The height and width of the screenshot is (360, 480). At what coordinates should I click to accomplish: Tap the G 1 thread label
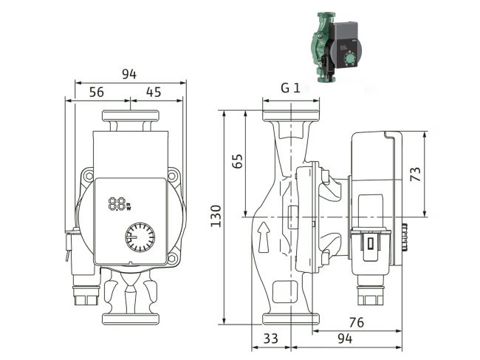(289, 88)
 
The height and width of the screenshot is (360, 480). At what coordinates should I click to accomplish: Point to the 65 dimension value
(237, 162)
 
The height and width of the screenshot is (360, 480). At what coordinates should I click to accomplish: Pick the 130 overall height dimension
(216, 216)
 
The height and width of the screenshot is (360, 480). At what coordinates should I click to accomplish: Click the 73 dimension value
(416, 174)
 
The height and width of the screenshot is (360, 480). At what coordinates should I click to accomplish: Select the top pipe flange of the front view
(130, 117)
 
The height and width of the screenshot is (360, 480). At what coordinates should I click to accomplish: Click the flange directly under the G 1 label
(289, 115)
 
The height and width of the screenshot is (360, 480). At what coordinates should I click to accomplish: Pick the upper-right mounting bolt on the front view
(174, 176)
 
